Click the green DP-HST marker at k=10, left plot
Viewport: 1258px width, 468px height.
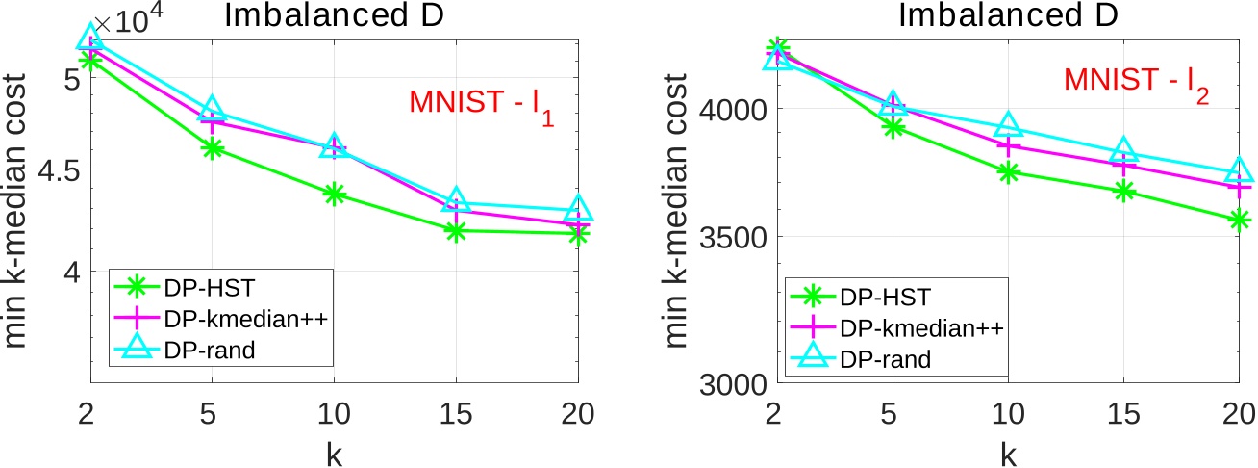(334, 195)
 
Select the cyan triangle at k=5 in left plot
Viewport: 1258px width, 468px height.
(213, 109)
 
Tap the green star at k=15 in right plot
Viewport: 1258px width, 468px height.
(1124, 191)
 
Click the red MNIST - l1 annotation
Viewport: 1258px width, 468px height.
(479, 106)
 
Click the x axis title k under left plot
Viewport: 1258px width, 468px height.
(334, 452)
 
